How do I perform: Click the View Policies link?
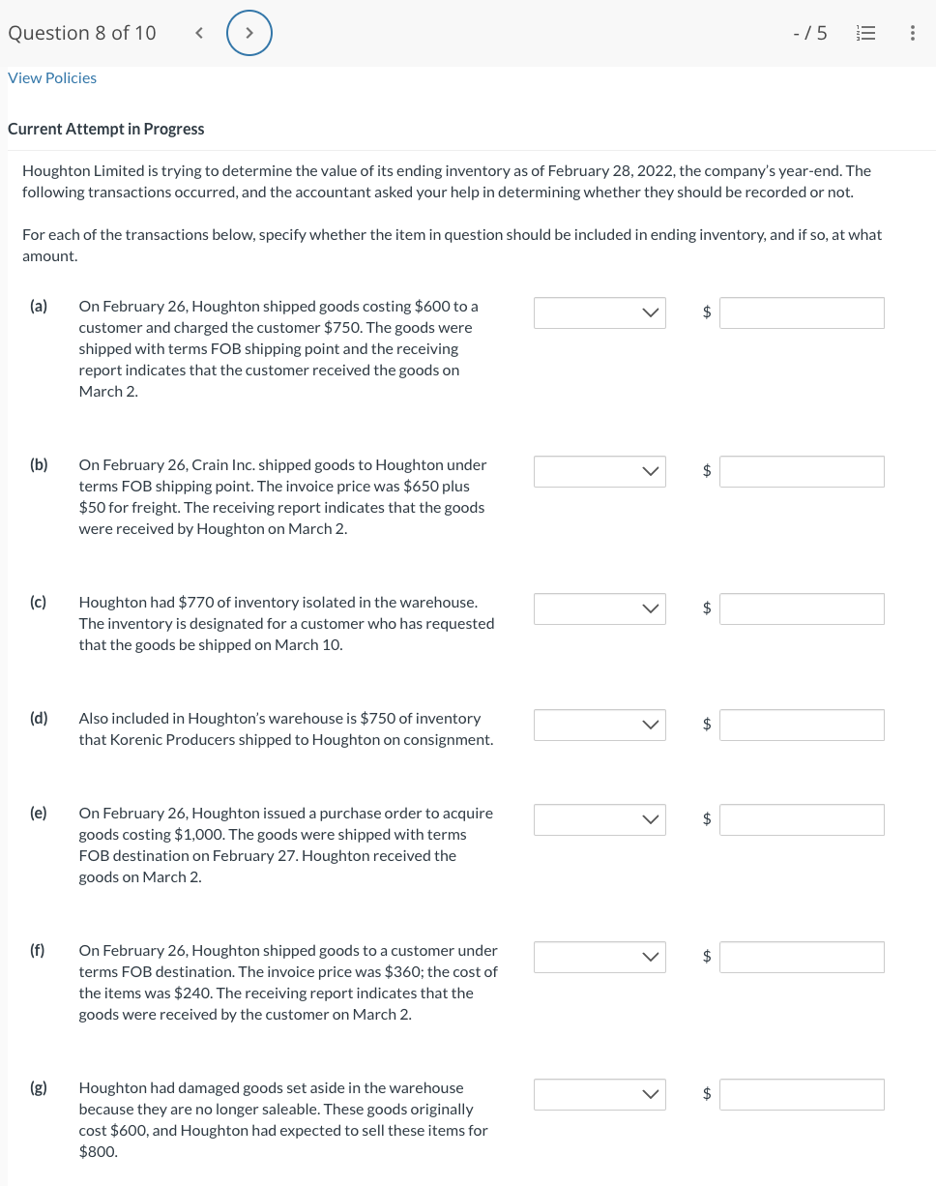click(52, 77)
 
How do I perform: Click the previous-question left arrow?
click(199, 34)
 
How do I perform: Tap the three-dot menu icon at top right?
click(912, 34)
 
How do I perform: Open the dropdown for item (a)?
click(600, 312)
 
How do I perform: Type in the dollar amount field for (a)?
click(801, 312)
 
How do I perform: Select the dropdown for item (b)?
click(600, 471)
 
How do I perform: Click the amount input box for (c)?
click(801, 608)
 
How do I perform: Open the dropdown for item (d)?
click(600, 725)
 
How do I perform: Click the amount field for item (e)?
click(801, 819)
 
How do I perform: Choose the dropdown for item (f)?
click(600, 957)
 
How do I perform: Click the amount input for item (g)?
click(801, 1094)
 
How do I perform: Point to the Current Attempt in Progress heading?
click(106, 129)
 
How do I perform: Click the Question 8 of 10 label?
click(82, 33)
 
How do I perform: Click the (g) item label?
click(39, 1087)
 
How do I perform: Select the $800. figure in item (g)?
click(99, 1151)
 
